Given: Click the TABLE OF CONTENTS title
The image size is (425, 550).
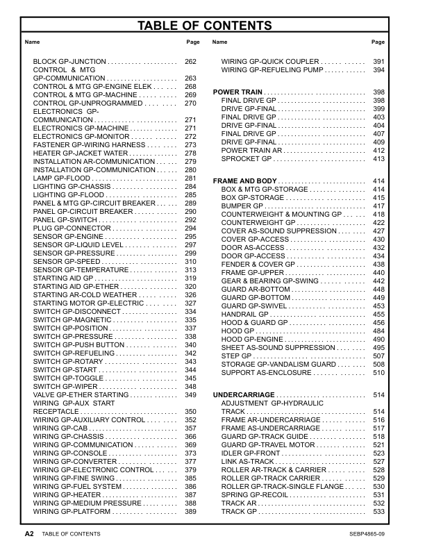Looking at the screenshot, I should coord(212,26).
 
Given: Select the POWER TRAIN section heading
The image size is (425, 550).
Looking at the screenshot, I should coord(237,92).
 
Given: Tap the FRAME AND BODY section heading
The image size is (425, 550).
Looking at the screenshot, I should coord(245,181).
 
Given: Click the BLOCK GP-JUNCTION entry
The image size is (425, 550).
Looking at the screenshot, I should coord(67,62).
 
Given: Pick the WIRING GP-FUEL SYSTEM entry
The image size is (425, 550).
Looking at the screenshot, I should coord(78,487).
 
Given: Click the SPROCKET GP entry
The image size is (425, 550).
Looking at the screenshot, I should coord(247,159).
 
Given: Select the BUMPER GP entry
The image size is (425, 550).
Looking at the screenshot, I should coord(242,206).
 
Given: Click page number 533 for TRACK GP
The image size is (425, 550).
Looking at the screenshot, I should coord(378,512).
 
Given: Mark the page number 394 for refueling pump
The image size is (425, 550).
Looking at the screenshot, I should coord(378,70).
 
